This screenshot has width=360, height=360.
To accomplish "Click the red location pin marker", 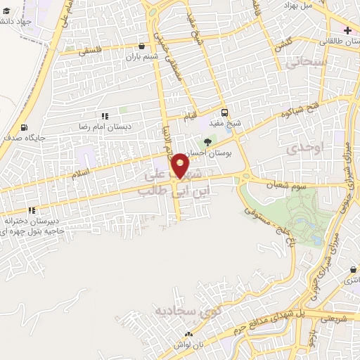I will click(x=181, y=166).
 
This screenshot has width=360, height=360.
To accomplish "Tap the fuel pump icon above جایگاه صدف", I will click(x=26, y=128).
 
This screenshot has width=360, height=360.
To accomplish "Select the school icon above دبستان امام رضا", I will click(x=105, y=116).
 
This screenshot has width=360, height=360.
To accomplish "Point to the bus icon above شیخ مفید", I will click(x=224, y=112).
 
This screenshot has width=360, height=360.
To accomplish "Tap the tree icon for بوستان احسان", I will click(x=207, y=143).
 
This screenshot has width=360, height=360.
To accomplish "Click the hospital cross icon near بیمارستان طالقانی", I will click(x=346, y=30).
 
